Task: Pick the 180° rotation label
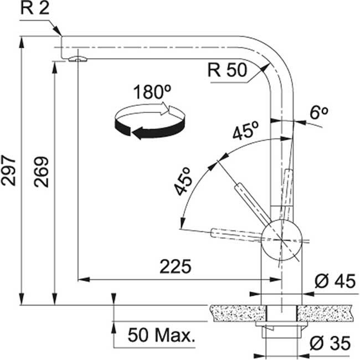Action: tap(149, 92)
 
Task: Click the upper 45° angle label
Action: tap(245, 133)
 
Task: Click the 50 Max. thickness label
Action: tap(162, 335)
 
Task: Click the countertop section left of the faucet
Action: tap(235, 314)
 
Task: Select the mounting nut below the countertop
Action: tap(282, 332)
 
